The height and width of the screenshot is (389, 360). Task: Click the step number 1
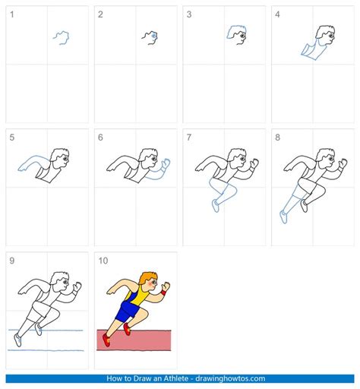11,14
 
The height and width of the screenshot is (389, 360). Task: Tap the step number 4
277,14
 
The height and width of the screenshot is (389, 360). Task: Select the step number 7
189,138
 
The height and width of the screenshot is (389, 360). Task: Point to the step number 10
103,261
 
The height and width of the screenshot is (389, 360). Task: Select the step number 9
11,261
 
